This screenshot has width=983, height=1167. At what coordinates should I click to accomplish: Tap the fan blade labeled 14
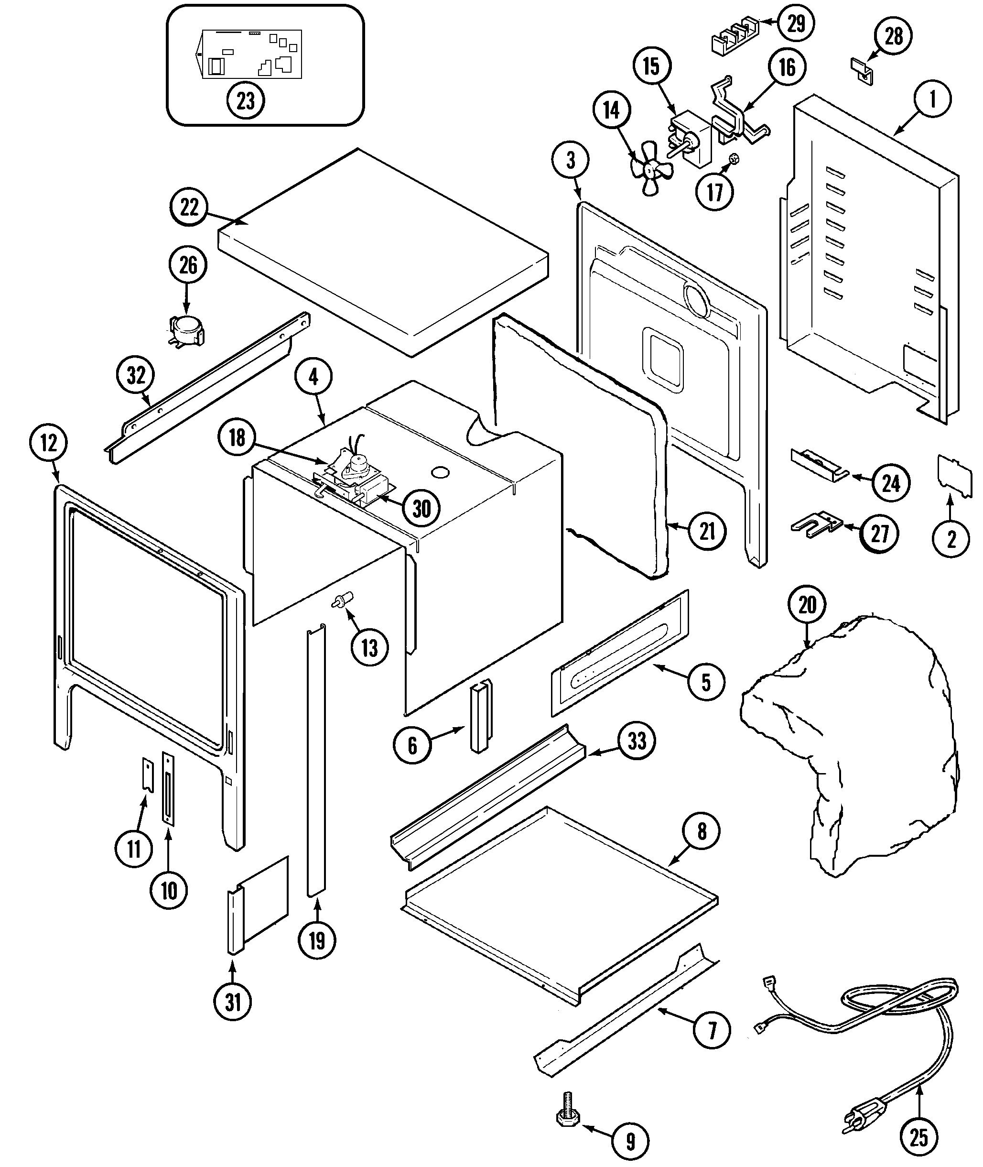click(650, 167)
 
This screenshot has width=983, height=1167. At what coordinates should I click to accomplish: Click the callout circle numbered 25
click(918, 1137)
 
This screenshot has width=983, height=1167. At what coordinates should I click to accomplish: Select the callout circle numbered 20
click(807, 605)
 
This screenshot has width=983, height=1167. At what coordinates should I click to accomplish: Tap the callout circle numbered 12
click(48, 443)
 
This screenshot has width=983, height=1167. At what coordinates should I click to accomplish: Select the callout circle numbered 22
click(189, 207)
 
